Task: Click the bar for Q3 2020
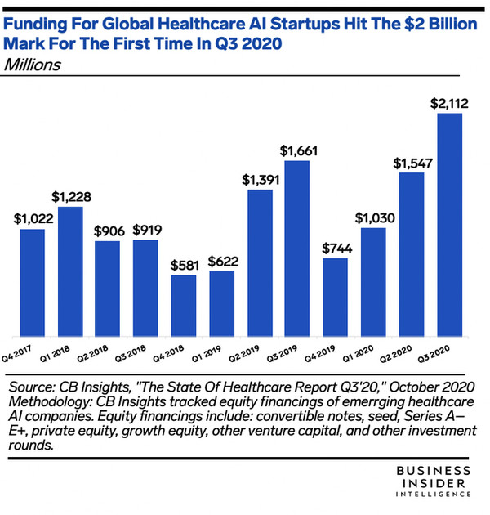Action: click(450, 225)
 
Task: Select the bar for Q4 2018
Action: click(185, 306)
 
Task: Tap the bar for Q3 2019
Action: click(298, 249)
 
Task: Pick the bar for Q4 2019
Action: click(336, 298)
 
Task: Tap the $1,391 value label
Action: click(260, 179)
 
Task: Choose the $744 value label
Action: click(336, 248)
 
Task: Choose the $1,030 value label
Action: click(374, 217)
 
